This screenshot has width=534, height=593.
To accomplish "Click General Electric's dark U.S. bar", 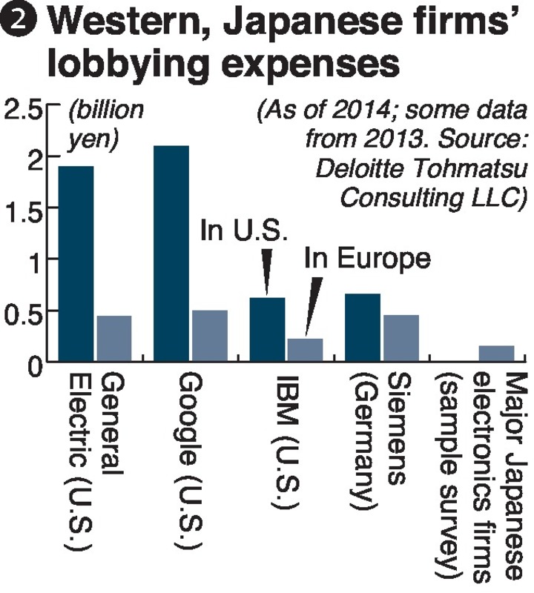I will tap(76, 263).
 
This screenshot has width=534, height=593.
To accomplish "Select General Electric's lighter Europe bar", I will tap(114, 339).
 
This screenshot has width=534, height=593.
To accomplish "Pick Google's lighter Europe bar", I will tap(209, 336).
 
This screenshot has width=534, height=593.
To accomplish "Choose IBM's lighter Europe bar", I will tap(305, 350).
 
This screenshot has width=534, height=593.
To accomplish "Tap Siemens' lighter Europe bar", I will tap(400, 338).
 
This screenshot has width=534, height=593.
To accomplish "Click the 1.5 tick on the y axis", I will tap(24, 210).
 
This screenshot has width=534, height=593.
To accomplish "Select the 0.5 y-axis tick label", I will tap(24, 312).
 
